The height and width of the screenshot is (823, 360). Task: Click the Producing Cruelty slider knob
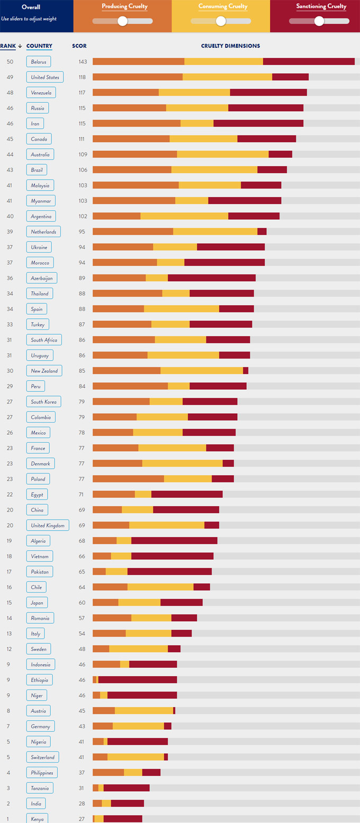(x=123, y=21)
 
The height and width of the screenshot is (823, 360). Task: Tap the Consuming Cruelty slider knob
(x=221, y=21)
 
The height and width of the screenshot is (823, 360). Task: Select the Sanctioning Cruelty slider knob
(x=319, y=21)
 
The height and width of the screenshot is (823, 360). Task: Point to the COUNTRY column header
(x=39, y=46)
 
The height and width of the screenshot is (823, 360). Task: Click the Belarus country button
(x=39, y=62)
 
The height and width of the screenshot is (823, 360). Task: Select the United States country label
(x=45, y=77)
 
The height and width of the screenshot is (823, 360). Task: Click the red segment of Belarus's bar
(x=309, y=62)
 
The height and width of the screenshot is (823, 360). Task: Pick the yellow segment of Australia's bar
(x=223, y=155)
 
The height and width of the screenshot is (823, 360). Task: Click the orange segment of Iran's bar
(x=137, y=123)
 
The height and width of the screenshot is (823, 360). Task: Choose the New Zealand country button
(x=44, y=371)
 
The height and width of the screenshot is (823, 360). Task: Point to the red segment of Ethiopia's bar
(x=138, y=680)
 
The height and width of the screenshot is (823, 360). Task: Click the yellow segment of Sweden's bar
(x=139, y=649)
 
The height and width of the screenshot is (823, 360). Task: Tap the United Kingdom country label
(x=48, y=525)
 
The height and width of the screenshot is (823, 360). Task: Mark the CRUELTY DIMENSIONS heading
(x=230, y=46)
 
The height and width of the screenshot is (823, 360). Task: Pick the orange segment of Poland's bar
(x=128, y=479)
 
